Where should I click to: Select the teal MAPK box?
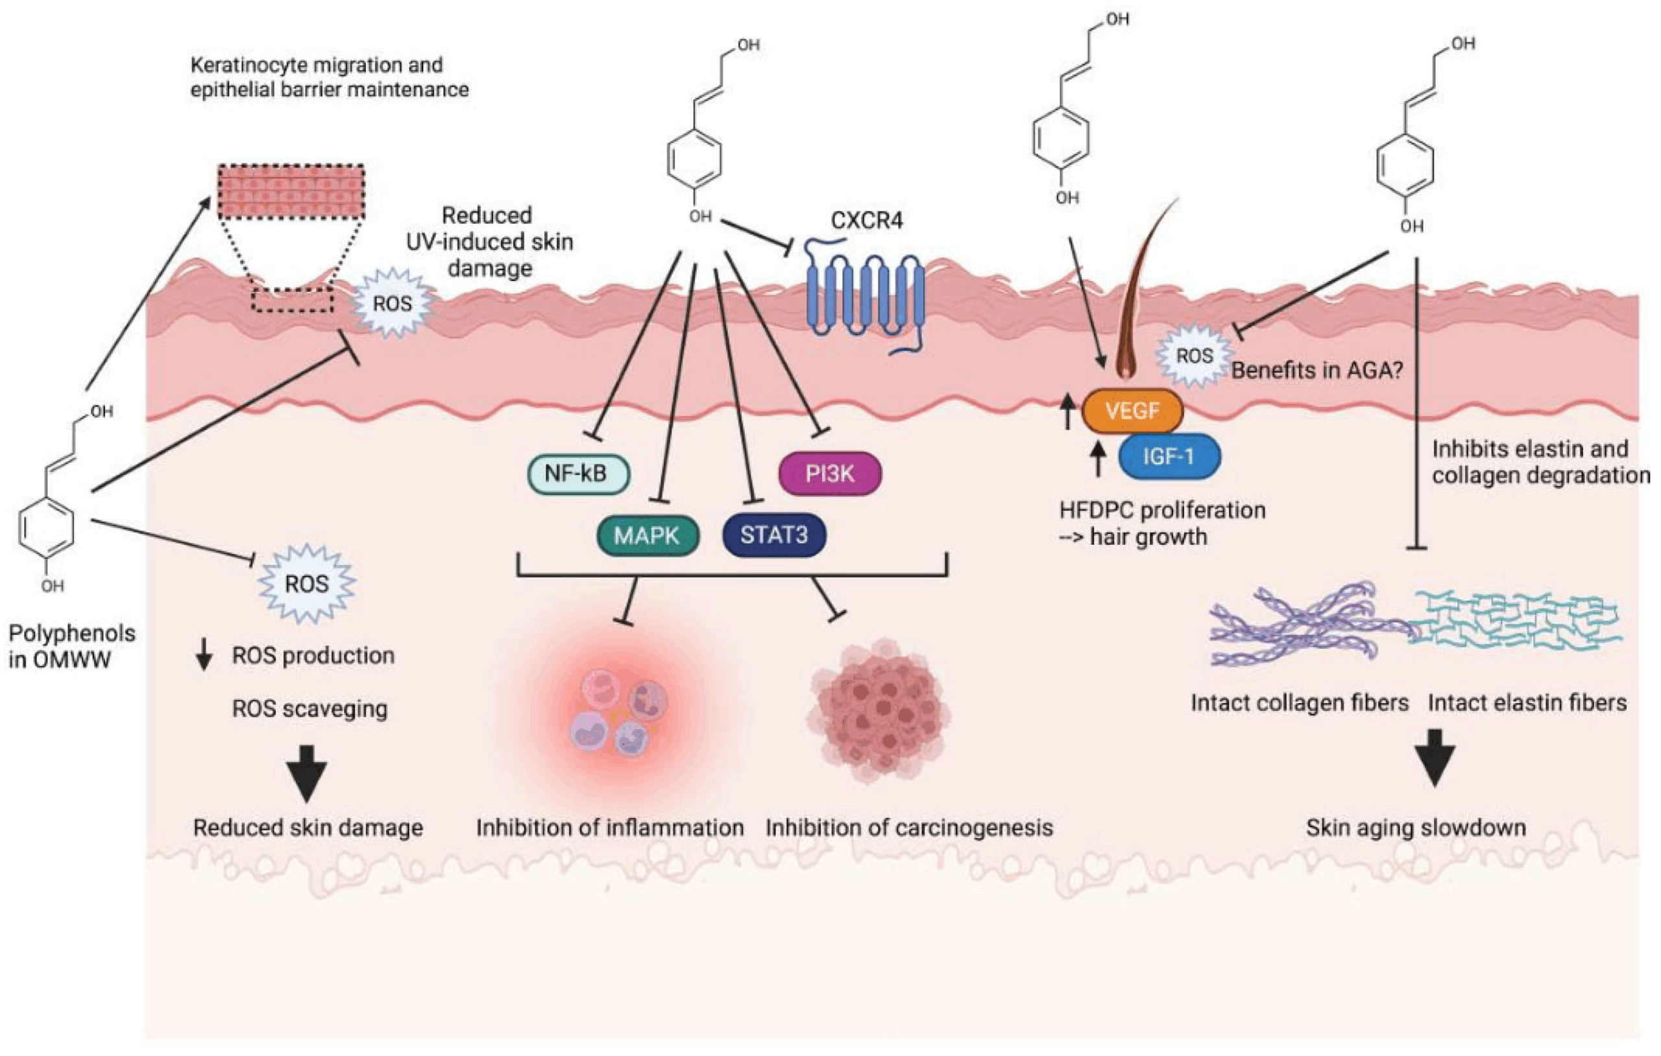pyautogui.click(x=647, y=535)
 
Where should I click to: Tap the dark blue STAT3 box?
pyautogui.click(x=774, y=534)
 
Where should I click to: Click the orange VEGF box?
pyautogui.click(x=1132, y=411)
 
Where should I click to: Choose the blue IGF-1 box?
pyautogui.click(x=1169, y=456)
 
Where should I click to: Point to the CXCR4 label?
pyautogui.click(x=866, y=221)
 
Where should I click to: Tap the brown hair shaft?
pyautogui.click(x=1138, y=290)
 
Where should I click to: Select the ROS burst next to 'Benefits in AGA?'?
pyautogui.click(x=1194, y=356)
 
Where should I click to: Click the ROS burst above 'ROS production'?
pyautogui.click(x=307, y=584)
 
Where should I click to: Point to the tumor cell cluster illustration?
pyautogui.click(x=877, y=710)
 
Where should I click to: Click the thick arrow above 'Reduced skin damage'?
pyautogui.click(x=307, y=773)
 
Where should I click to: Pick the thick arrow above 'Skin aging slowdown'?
pyautogui.click(x=1435, y=758)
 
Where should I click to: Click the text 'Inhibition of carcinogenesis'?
pyautogui.click(x=909, y=828)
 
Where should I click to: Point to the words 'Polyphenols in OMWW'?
pyautogui.click(x=71, y=646)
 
